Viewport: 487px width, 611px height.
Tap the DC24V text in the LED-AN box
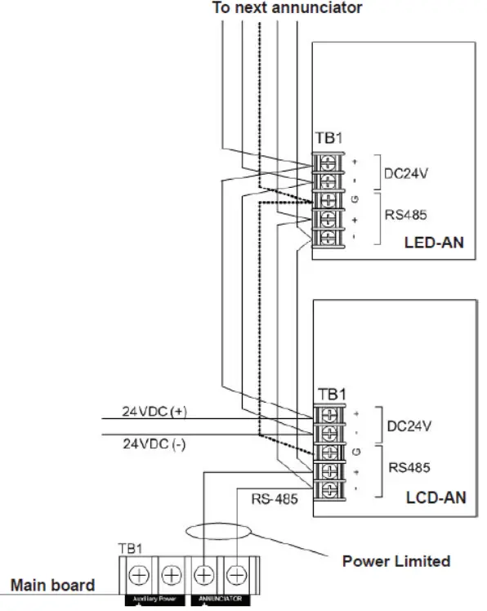point(404,173)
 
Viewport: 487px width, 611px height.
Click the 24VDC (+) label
point(154,413)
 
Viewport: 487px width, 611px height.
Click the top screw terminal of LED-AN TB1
point(327,162)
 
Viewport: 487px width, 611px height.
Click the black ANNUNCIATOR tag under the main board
point(221,600)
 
